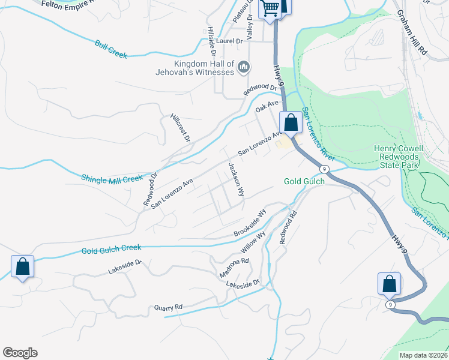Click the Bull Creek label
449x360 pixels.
(x=111, y=49)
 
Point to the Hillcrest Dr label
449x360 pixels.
(x=180, y=128)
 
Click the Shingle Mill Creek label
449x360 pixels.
(x=112, y=178)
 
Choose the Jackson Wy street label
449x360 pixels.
(x=236, y=179)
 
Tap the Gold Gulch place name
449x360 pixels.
(x=304, y=181)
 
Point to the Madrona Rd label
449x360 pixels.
(x=234, y=268)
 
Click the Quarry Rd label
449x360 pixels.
(x=168, y=307)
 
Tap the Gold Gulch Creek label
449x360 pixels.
(x=111, y=247)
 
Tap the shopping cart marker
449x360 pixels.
(x=271, y=8)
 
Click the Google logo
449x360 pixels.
(x=20, y=353)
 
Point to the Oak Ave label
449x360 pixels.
(x=268, y=107)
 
